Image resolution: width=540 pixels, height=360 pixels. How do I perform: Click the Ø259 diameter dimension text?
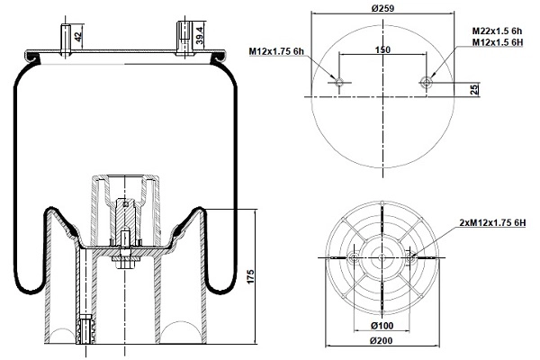click(x=383, y=9)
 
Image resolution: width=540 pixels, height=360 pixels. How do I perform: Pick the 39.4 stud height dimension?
click(x=201, y=35)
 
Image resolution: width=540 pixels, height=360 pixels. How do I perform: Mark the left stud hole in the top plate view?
click(x=339, y=83)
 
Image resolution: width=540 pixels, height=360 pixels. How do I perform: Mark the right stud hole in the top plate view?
click(x=426, y=83)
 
